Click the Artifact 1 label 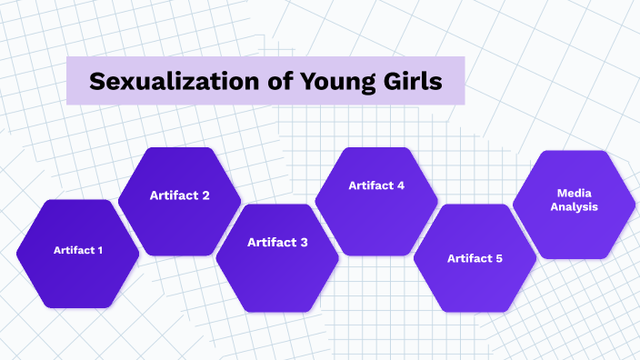click(78, 250)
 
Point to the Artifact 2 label click(180, 195)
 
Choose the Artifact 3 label click(277, 242)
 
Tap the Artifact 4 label click(376, 185)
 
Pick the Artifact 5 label click(475, 258)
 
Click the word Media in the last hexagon click(574, 193)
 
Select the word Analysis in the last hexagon click(574, 206)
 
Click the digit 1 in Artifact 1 click(100, 250)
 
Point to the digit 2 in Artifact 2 click(205, 195)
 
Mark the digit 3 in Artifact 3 click(304, 242)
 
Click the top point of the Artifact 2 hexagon click(180, 145)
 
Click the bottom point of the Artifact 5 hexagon click(475, 313)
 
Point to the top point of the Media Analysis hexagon click(574, 150)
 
